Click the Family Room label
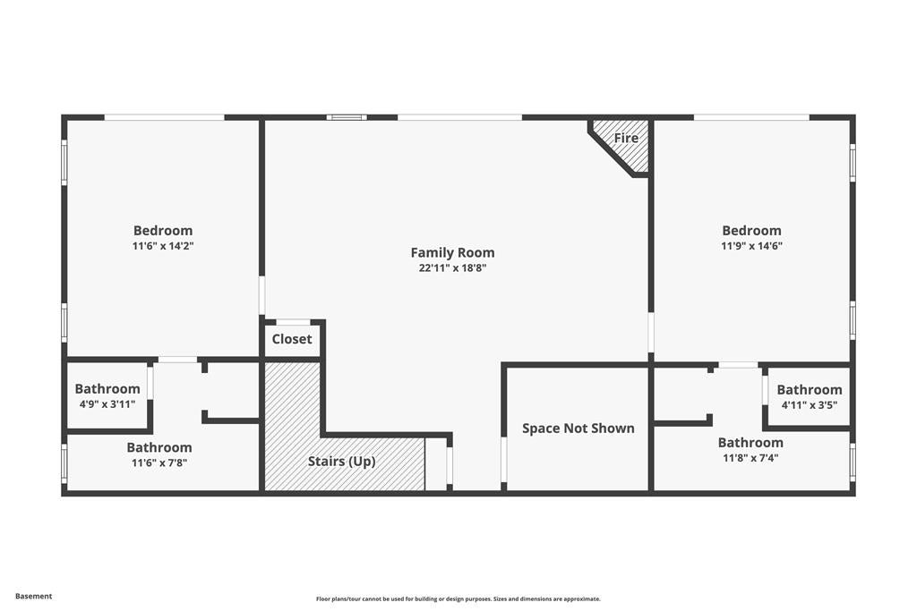[452, 252]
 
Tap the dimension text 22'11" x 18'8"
[452, 267]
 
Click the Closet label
[292, 339]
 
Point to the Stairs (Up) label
[341, 462]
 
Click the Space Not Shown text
[578, 429]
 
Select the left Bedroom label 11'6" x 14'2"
[163, 231]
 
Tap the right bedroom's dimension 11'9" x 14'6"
[751, 246]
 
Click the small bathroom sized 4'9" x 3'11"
[107, 395]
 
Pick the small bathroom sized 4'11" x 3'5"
[809, 396]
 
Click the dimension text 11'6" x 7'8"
[159, 462]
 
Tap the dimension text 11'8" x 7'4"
[750, 458]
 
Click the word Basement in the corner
[34, 596]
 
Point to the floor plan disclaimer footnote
[458, 599]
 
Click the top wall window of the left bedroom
[164, 116]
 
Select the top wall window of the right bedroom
[751, 116]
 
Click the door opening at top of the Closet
[293, 322]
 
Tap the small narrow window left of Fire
[347, 116]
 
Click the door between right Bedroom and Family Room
[651, 332]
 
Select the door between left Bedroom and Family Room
[261, 295]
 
